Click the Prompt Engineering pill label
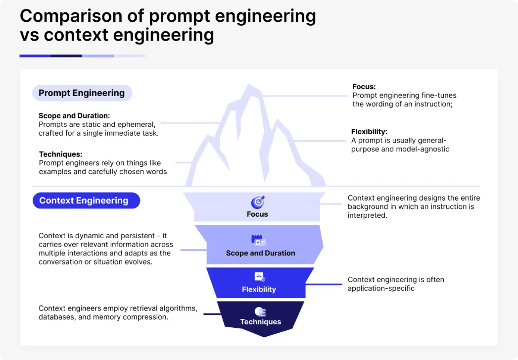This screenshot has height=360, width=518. point(82,93)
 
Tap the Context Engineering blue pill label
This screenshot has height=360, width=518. point(84,201)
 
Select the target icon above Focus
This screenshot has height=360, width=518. point(258,202)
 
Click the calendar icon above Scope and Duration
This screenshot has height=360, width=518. point(258,240)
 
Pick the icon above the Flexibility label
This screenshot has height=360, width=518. point(259,277)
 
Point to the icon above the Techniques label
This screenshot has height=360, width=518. point(260,311)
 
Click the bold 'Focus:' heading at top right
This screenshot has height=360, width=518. point(364,87)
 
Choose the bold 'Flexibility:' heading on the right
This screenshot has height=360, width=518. point(369,132)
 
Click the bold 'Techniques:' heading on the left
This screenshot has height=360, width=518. point(60,154)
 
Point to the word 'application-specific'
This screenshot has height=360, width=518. point(381,288)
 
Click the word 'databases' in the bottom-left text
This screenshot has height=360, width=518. point(56,317)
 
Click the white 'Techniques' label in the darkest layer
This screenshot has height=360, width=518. point(260,322)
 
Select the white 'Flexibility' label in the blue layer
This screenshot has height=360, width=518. point(259,289)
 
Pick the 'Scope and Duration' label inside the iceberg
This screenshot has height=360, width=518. point(260,253)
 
